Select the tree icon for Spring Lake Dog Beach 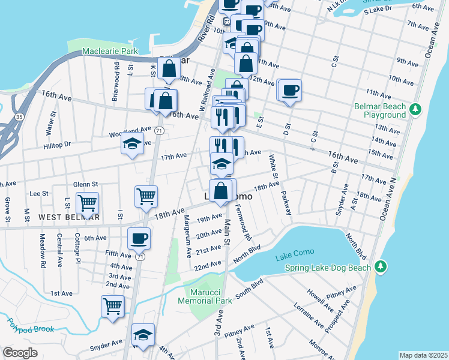[x=379, y=266]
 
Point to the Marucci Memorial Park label [x=207, y=296]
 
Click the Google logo [x=20, y=352]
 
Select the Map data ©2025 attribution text [x=423, y=355]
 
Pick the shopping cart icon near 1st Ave [x=112, y=306]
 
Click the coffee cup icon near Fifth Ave [x=139, y=239]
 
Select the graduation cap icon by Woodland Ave [x=132, y=144]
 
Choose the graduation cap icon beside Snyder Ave [x=143, y=334]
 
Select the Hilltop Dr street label [x=57, y=145]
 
